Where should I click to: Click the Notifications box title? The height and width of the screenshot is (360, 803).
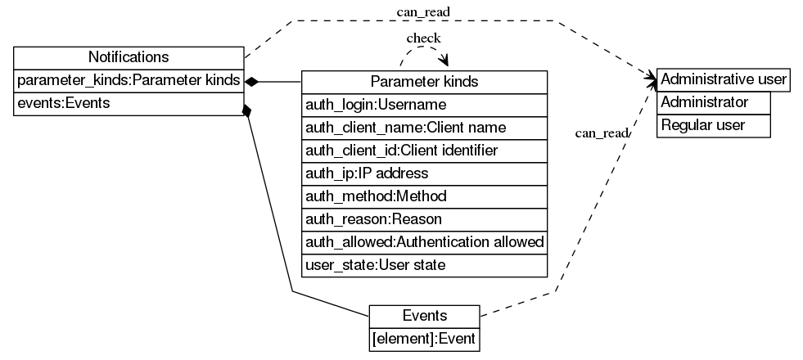129,57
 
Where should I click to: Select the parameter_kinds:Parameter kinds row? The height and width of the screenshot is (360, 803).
129,80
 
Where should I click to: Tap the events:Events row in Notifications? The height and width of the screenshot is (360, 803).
129,104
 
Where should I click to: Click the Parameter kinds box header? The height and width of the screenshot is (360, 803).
424,82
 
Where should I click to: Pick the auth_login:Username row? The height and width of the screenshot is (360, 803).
424,105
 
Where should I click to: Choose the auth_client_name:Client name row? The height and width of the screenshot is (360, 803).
424,128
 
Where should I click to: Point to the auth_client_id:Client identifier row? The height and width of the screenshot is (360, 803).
424,151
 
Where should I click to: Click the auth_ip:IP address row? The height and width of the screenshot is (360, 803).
424,174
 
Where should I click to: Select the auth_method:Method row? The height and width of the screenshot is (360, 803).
424,197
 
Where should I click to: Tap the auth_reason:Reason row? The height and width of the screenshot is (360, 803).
424,220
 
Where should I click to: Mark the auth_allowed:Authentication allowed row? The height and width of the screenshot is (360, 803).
424,243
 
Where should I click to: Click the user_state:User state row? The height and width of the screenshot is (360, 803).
424,266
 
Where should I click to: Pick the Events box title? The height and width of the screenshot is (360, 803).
424,316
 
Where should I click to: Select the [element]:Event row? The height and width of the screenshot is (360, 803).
424,338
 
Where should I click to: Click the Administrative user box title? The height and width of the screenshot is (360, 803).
724,79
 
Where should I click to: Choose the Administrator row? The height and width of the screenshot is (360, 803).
714,102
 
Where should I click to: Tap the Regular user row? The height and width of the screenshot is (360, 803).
714,125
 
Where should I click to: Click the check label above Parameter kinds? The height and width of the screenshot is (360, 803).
423,38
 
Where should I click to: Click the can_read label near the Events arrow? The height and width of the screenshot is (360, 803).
602,133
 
